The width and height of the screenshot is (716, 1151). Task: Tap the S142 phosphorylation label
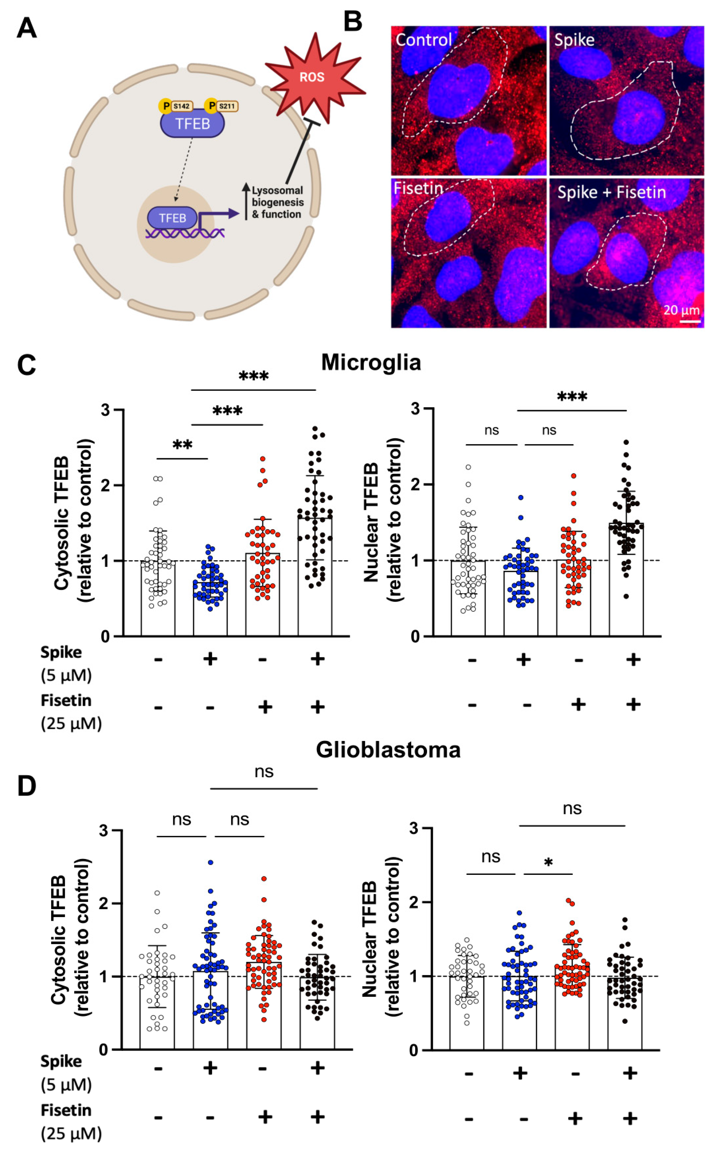[x=182, y=106]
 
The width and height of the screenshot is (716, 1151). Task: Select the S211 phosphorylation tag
[x=227, y=106]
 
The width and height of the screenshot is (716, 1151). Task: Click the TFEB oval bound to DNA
[x=172, y=218]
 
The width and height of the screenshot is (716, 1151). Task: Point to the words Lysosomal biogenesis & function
[x=277, y=202]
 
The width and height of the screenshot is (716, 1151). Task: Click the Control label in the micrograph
[x=423, y=40]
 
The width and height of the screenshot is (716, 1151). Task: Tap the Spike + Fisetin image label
[x=611, y=192]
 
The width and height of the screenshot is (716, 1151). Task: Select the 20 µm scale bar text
[x=681, y=310]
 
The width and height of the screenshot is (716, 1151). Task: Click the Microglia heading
[x=371, y=363]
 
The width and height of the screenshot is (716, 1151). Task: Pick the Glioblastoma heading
[x=388, y=750]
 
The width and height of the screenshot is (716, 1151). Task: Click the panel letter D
[x=26, y=786]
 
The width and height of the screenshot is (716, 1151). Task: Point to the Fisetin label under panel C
[x=66, y=700]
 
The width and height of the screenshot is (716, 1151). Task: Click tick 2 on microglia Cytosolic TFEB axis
[x=105, y=485]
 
